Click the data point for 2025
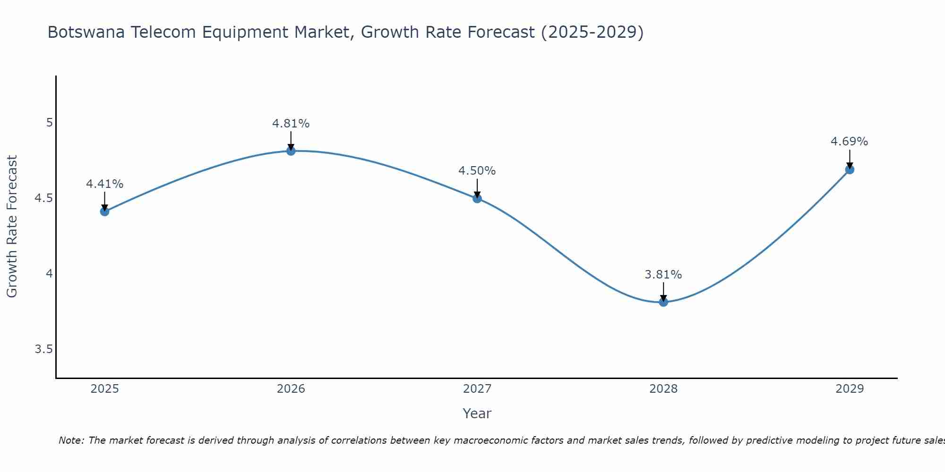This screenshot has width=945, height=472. pos(104,211)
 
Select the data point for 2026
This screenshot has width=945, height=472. pos(291,151)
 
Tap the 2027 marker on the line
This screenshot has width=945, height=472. pos(477,198)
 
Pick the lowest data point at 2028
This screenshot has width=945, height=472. pos(663,302)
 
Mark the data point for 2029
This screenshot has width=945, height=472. pos(850,169)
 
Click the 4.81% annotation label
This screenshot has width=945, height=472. pos(291,124)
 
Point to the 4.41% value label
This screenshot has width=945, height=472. pos(104,184)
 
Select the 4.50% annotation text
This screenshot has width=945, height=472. pos(477,171)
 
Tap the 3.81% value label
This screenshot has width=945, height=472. pos(663,275)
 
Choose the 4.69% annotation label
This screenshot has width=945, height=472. pos(850,142)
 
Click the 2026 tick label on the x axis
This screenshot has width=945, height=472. pos(291,389)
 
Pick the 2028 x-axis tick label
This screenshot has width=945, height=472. pos(663,389)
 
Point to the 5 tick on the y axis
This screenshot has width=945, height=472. pos(49,123)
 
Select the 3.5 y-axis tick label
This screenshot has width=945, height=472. pos(43,349)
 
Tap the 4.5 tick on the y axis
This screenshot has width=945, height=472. pos(43,198)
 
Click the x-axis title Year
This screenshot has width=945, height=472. pos(477,413)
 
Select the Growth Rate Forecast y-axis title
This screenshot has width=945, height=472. pos(12,227)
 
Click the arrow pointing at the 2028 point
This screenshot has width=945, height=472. pos(663,292)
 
